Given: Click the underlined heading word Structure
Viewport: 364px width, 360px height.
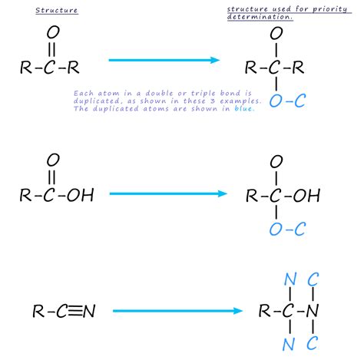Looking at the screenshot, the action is pos(57,11).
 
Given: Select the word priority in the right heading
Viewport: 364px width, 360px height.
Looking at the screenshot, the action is pos(329,9).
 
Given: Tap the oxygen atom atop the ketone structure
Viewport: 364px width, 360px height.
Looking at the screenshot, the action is pos(53,32).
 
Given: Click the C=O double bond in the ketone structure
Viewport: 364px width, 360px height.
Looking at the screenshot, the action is pos(51,49).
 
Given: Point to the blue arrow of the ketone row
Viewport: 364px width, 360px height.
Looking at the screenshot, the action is pos(164,60).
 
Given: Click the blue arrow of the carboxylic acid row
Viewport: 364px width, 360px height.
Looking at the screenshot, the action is pos(168,193).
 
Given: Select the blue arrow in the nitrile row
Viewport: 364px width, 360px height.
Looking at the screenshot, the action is pos(177,311).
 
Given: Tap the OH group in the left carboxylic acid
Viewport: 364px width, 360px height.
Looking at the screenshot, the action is pos(81,195).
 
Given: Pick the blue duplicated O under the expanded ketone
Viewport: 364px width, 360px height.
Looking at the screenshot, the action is pos(276,101).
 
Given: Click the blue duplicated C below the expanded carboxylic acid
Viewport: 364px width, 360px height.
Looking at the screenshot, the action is pos(300,229).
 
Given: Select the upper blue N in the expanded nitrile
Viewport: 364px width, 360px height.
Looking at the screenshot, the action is pos(290,279).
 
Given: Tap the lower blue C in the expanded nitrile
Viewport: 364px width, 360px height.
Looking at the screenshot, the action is pos(313,343).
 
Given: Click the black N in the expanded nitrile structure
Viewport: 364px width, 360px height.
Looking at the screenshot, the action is pos(313,311).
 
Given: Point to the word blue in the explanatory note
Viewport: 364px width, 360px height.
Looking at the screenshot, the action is pos(243,108).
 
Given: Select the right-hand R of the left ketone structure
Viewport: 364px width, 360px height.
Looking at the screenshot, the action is pos(73,68).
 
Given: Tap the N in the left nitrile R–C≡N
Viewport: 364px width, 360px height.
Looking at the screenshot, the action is pos(89,311).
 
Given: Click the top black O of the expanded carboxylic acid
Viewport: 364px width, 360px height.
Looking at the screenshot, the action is pos(276,161).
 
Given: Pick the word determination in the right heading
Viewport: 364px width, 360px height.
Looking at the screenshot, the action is pos(259,17).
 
